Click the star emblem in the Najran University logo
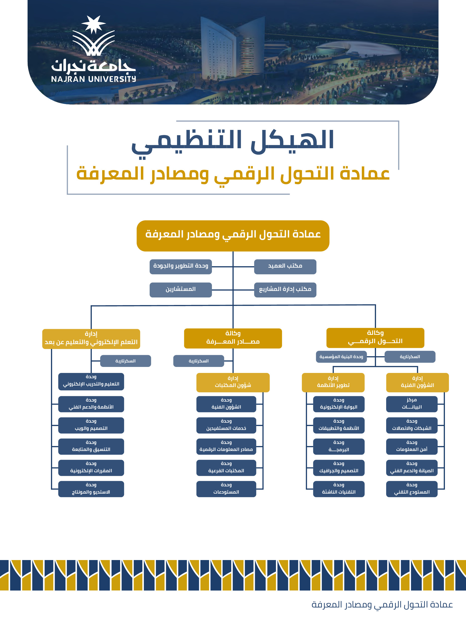(93, 24)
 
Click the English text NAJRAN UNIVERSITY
(93, 79)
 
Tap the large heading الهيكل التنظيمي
(232, 141)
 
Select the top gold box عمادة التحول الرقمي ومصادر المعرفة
(233, 236)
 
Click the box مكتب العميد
(285, 267)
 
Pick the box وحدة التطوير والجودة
(181, 267)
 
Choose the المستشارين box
(181, 290)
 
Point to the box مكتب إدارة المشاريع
(285, 290)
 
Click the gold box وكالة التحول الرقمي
(375, 338)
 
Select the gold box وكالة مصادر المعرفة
(233, 338)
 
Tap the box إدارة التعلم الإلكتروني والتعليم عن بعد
(91, 339)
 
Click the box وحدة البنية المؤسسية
(341, 357)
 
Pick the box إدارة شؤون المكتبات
(233, 382)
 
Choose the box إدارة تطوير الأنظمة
(333, 382)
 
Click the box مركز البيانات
(412, 404)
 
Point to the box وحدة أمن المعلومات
(412, 446)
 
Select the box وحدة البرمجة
(338, 446)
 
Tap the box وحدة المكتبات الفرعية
(226, 468)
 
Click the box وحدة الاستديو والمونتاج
(91, 489)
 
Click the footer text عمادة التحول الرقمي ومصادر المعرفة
(382, 604)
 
